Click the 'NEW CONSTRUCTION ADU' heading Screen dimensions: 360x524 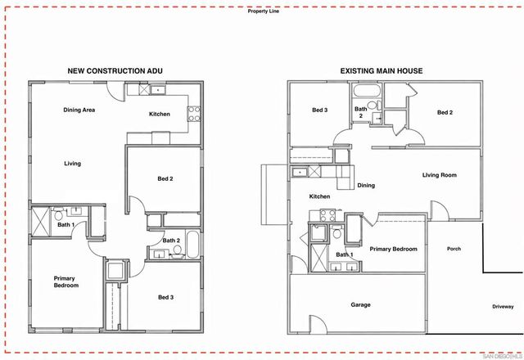115,71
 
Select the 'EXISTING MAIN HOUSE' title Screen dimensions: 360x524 382,71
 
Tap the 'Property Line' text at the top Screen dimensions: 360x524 264,11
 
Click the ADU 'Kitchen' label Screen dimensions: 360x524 160,114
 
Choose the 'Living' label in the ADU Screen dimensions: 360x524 73,164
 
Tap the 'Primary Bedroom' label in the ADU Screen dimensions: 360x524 66,281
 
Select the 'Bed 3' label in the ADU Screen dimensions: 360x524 166,297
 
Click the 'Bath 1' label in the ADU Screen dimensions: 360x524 66,224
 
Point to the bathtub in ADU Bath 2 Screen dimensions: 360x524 192,245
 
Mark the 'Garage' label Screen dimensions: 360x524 361,304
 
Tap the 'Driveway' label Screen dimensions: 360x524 504,307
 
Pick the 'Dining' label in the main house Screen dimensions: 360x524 366,185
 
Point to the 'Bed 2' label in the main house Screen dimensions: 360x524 445,113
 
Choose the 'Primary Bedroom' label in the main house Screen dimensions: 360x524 394,249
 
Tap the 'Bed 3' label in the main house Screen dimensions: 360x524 320,110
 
